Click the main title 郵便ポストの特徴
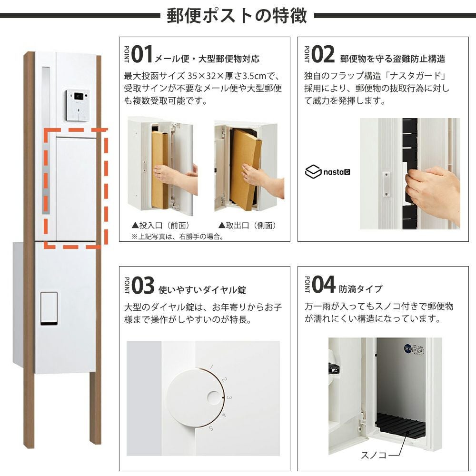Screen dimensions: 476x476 click(x=237, y=16)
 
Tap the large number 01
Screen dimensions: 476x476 click(x=142, y=55)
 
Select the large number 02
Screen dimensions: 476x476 click(x=323, y=55)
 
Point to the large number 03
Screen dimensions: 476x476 click(x=143, y=286)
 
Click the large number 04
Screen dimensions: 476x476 click(x=323, y=285)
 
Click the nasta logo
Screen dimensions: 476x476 click(x=327, y=172)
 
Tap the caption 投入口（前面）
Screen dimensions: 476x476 click(x=160, y=225)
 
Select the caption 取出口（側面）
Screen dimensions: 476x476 click(x=247, y=225)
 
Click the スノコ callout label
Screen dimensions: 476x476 click(x=373, y=455)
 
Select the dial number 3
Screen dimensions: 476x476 click(x=229, y=397)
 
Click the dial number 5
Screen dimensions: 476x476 click(x=211, y=428)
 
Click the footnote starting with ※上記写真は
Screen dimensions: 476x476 click(x=178, y=237)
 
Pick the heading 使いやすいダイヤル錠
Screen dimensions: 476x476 click(x=202, y=289)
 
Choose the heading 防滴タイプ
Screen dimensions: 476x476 click(x=361, y=289)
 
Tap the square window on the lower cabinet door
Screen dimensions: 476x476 click(x=49, y=308)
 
